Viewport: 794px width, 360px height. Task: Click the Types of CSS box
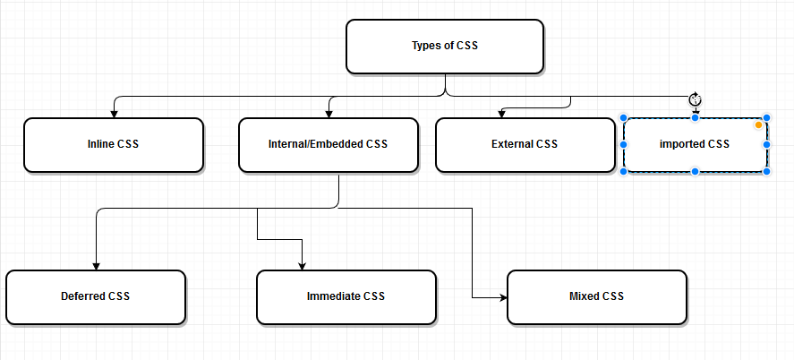pos(444,47)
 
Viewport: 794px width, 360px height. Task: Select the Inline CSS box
pos(113,144)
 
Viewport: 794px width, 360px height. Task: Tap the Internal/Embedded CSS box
pos(328,144)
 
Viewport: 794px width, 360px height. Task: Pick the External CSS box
pos(525,144)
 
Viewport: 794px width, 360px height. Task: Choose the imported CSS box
pos(695,144)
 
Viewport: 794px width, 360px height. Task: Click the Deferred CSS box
pos(95,296)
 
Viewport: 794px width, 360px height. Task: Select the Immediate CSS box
pos(346,296)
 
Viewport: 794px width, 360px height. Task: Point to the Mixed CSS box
pos(596,296)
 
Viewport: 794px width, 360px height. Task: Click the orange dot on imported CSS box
pos(758,125)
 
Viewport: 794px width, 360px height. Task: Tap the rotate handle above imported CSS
pos(695,99)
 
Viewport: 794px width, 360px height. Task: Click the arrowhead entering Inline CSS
pos(114,113)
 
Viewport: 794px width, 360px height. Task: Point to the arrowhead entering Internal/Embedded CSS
pos(329,113)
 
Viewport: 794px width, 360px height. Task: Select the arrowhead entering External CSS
pos(500,113)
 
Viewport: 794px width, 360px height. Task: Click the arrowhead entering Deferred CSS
pos(95,265)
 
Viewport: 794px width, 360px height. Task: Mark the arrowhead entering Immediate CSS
pos(303,265)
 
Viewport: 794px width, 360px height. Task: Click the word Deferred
pos(83,296)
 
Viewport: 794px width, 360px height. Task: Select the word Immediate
pos(333,296)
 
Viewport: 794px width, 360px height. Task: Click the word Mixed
pos(584,296)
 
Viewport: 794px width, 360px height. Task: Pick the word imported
pos(682,144)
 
